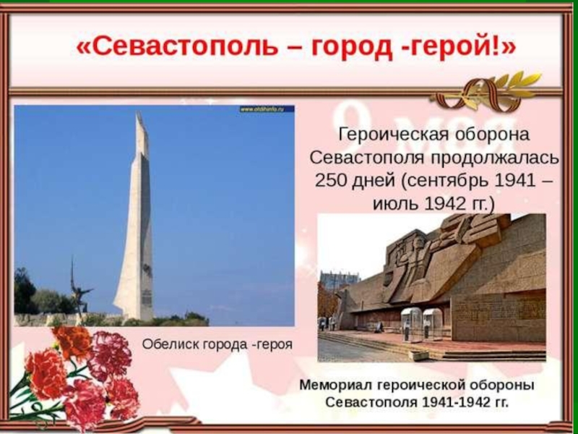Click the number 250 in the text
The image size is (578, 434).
[x=331, y=180]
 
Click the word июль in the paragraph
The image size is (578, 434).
[x=395, y=203]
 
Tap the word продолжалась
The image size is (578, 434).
[x=494, y=158]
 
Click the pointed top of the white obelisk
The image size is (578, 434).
[x=138, y=112]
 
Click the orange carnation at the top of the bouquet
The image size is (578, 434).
[x=72, y=341]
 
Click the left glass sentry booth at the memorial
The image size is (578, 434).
[x=410, y=325]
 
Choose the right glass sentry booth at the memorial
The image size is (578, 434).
[x=432, y=324]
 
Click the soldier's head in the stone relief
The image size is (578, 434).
[x=418, y=244]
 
